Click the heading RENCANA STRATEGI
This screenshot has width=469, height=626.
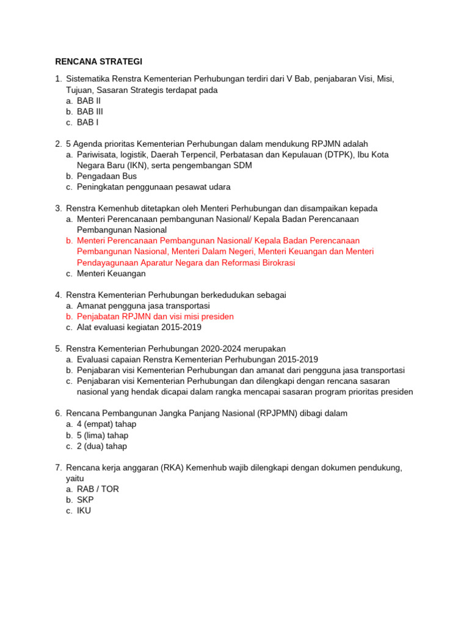(98, 61)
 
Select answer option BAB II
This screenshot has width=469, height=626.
(89, 101)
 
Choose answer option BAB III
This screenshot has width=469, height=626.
(90, 112)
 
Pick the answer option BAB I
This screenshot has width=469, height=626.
(87, 122)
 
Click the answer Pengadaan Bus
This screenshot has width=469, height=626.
(107, 176)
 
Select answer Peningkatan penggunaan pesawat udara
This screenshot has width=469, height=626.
(153, 187)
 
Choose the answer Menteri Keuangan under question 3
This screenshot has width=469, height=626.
(111, 274)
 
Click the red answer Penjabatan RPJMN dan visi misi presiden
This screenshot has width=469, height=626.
(155, 317)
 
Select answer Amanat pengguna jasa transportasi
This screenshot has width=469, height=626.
(143, 306)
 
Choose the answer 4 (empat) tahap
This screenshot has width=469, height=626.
(106, 424)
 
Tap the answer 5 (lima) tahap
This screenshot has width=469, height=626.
(103, 435)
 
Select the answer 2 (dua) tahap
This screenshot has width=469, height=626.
(102, 446)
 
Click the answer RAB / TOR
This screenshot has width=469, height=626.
(98, 489)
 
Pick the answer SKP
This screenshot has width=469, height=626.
(85, 500)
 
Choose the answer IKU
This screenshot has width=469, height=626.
(84, 510)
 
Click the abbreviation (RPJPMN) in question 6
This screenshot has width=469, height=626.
(281, 413)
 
